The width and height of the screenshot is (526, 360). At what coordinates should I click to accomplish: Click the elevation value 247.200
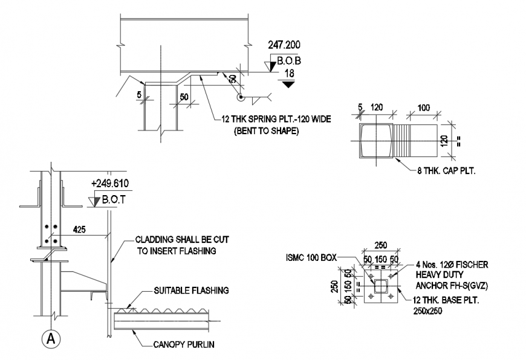tap(284, 45)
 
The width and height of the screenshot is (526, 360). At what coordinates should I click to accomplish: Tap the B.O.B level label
tap(289, 60)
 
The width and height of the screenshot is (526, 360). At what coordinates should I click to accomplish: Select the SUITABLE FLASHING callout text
tap(192, 291)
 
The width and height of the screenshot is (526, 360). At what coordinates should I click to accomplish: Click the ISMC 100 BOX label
tap(311, 257)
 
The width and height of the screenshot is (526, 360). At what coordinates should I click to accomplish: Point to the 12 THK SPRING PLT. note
tap(276, 119)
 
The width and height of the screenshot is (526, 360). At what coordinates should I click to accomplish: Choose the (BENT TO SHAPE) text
tap(266, 130)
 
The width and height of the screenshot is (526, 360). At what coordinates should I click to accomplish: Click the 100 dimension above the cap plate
tap(424, 108)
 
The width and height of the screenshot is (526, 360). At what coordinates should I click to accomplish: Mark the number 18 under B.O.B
tap(289, 74)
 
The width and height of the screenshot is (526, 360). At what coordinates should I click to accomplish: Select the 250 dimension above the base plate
tap(380, 245)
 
